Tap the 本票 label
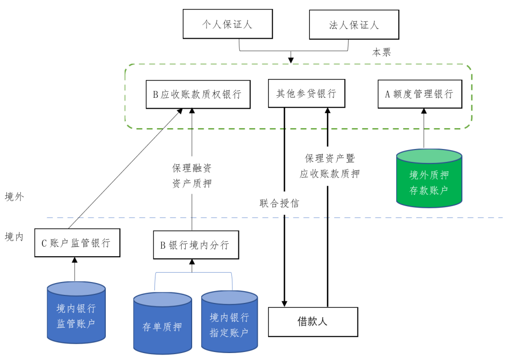coord(381,52)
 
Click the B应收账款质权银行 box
coord(197,94)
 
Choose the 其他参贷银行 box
coord(306,93)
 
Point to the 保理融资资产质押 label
coord(192,176)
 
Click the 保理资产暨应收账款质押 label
coord(329,166)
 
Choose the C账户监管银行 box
coord(77,243)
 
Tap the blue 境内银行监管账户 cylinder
coord(76,313)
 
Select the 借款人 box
coord(313,321)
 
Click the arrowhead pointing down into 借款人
coord(285,302)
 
